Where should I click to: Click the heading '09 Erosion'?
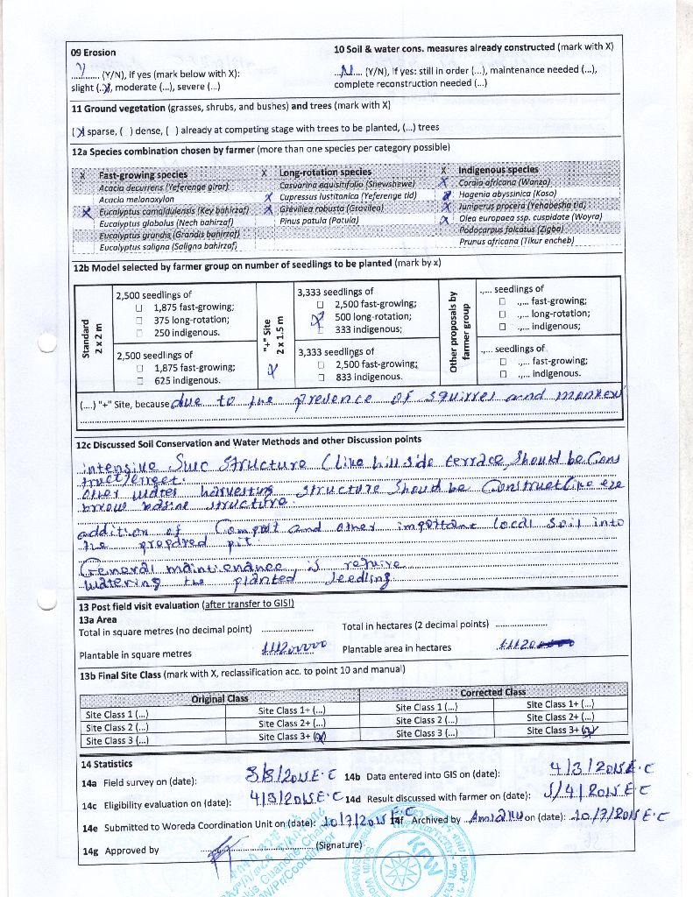[93, 53]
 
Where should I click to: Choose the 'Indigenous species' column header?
[498, 170]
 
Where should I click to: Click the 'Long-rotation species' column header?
[325, 172]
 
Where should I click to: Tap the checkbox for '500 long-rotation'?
[321, 317]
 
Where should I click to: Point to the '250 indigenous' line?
[187, 333]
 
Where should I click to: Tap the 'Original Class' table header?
[220, 698]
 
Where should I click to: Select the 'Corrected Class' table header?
[492, 692]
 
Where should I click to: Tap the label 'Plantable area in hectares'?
[397, 648]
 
